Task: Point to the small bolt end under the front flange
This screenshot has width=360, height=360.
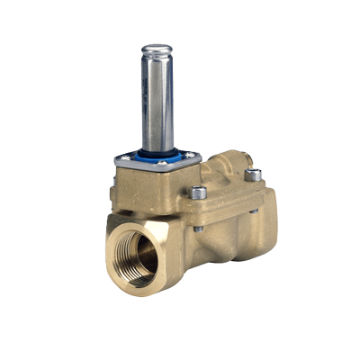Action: pyautogui.click(x=199, y=227)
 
